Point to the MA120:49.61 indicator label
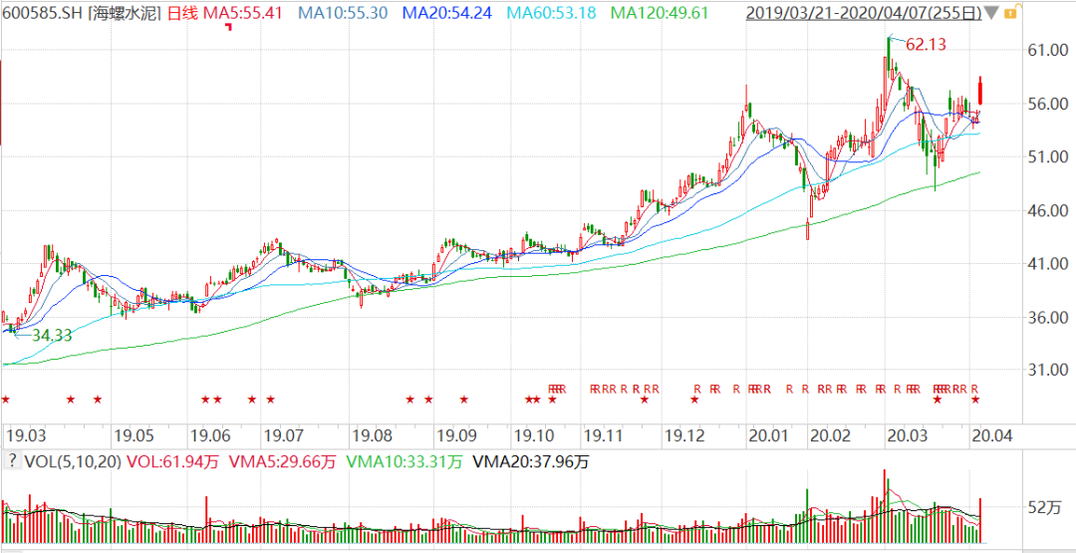(x=661, y=14)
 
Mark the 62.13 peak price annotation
(x=925, y=44)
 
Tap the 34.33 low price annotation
(x=53, y=336)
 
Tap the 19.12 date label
(x=685, y=435)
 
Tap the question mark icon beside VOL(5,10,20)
(x=12, y=460)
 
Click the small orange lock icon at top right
(x=1011, y=13)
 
